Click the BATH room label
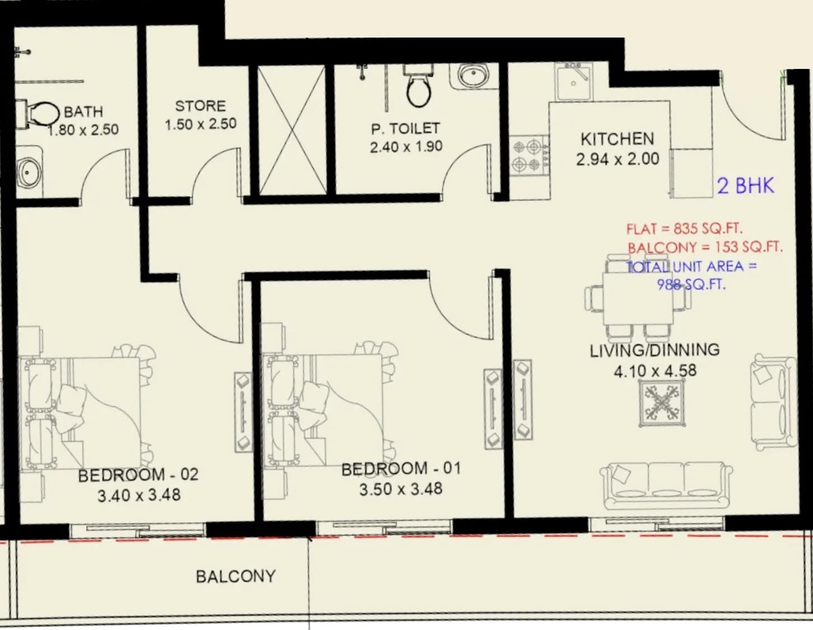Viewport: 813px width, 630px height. tap(83, 112)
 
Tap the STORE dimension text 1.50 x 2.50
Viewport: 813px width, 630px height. tap(201, 124)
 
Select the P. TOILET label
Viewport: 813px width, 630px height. tap(406, 129)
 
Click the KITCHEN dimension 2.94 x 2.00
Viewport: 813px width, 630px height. tap(617, 159)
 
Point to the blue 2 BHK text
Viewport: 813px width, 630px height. tap(745, 186)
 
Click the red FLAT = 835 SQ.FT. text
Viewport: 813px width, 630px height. tap(685, 228)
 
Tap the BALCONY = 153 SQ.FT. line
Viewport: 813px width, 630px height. tap(705, 247)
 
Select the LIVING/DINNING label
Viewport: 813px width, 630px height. tap(655, 350)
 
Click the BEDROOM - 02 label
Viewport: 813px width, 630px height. tap(138, 475)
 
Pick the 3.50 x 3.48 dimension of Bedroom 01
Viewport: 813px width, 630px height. tap(401, 489)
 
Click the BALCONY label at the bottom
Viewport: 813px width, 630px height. tap(236, 577)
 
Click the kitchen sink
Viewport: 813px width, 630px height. tap(574, 81)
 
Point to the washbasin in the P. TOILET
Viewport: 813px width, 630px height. tap(473, 76)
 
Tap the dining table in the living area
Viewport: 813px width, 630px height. tap(638, 299)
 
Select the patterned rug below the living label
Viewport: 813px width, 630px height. tap(662, 403)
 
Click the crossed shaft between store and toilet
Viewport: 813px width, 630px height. tap(292, 131)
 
